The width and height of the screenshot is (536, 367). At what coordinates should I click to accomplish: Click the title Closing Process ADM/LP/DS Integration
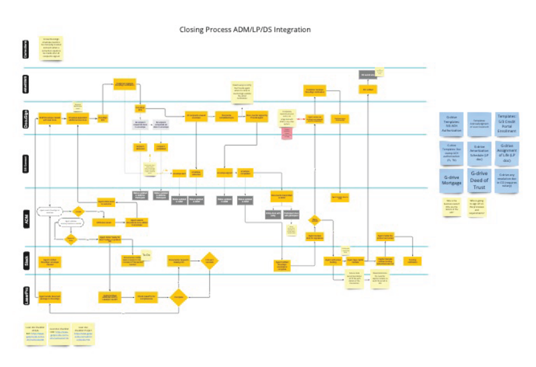[x=245, y=30]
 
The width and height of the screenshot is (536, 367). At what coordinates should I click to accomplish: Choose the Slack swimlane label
[x=25, y=262]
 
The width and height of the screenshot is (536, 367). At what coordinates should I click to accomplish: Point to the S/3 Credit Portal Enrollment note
[x=507, y=122]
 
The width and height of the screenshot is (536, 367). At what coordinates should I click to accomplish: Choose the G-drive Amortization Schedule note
[x=478, y=151]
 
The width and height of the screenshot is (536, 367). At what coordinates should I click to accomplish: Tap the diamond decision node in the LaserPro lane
[x=178, y=296]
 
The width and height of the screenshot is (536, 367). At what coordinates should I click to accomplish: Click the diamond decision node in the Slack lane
[x=209, y=261]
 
